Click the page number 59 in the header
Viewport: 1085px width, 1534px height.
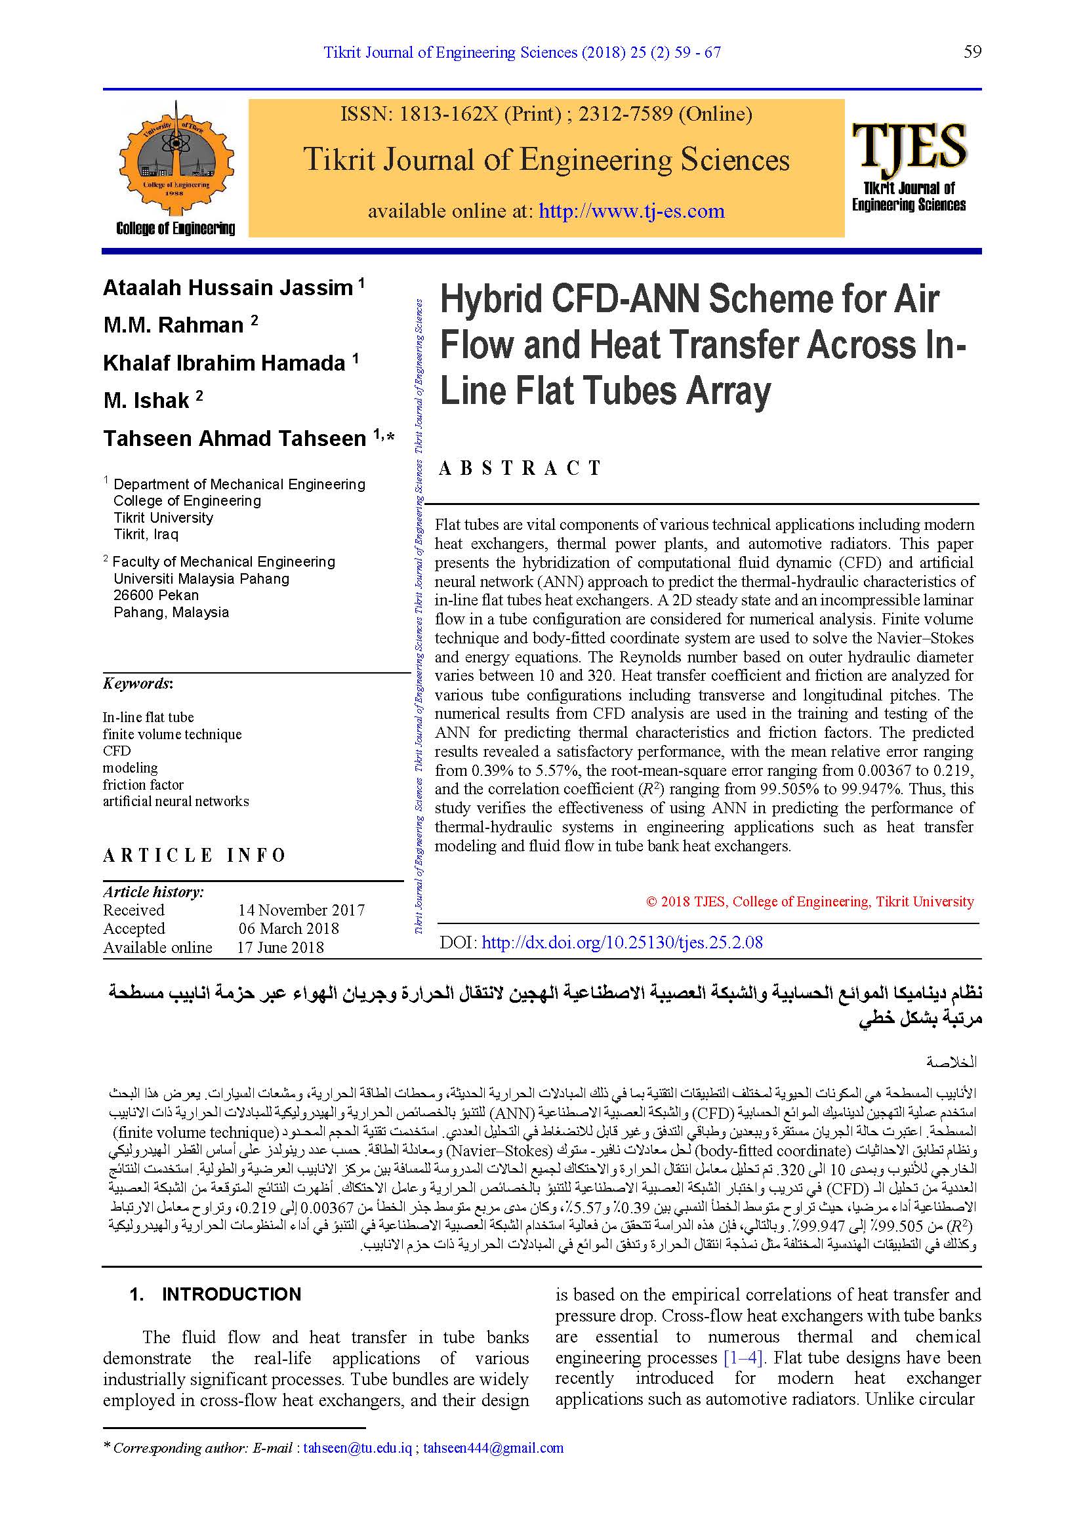point(972,52)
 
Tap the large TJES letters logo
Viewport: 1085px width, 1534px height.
point(909,146)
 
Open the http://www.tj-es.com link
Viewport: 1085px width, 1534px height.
point(631,211)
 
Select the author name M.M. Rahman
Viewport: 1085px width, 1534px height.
point(174,325)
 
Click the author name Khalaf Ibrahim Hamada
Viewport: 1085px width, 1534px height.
point(224,363)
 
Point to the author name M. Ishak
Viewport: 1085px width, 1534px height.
point(146,401)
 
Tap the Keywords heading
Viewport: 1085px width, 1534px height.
point(138,683)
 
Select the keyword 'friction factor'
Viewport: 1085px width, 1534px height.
point(143,784)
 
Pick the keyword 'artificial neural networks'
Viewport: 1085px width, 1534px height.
point(176,801)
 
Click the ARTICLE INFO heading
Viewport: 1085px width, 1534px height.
point(194,855)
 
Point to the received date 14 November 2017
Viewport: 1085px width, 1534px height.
point(301,910)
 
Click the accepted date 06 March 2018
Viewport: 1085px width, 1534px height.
point(289,929)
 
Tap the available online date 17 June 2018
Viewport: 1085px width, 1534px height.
point(281,948)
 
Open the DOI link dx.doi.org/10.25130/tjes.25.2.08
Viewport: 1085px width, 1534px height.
point(622,942)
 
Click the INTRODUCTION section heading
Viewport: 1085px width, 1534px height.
point(231,1294)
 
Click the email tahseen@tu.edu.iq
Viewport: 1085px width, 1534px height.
point(358,1448)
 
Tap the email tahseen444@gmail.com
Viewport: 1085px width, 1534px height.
point(493,1448)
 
